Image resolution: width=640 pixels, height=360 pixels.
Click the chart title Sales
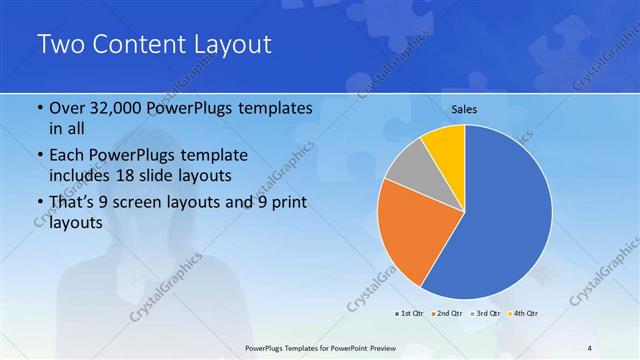point(465,109)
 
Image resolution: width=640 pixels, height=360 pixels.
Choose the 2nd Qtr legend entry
point(446,314)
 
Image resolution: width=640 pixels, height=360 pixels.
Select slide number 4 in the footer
point(589,347)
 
